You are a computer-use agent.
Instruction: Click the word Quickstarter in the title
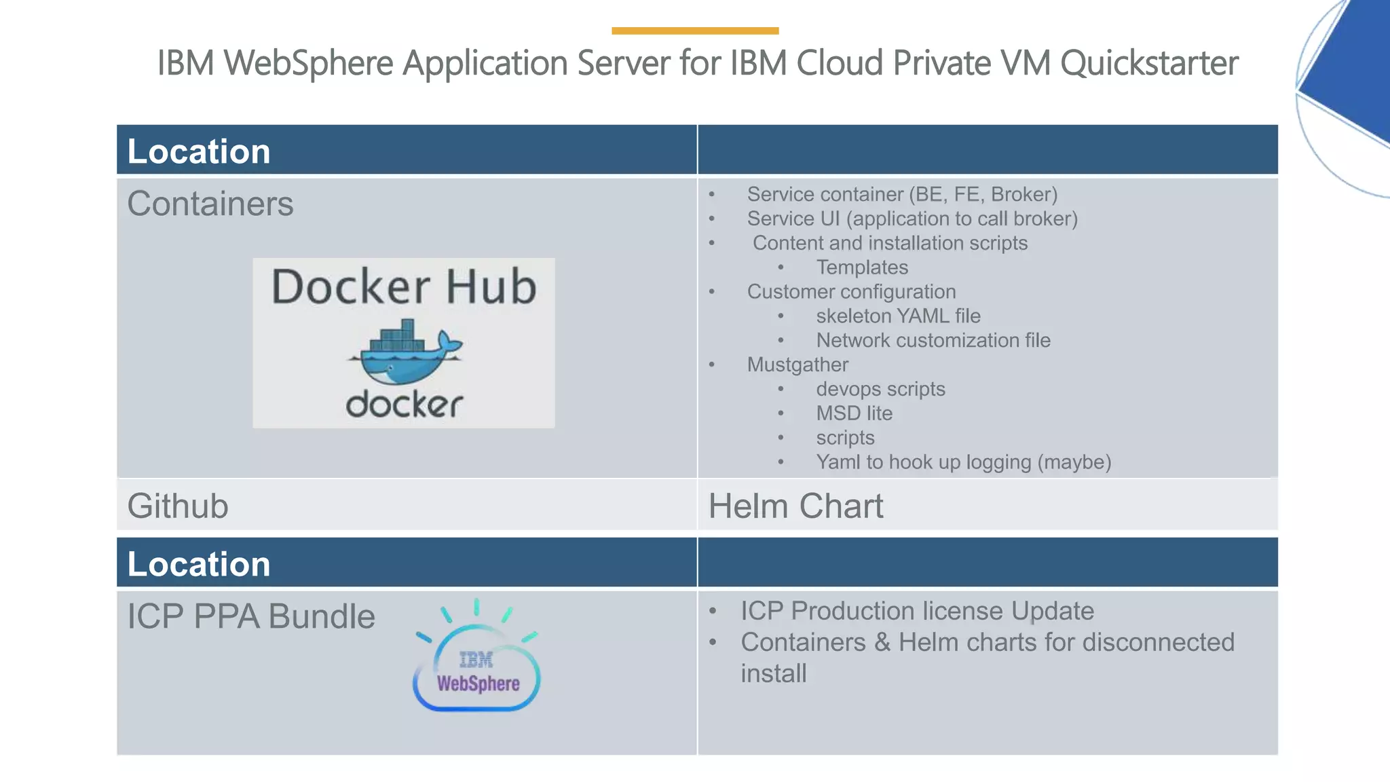pos(1149,63)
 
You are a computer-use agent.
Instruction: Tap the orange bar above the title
pos(694,31)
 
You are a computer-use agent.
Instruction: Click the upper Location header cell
pos(199,151)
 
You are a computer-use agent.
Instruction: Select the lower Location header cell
pos(199,563)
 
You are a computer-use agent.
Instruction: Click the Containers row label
pos(210,204)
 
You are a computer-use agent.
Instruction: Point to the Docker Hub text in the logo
pos(404,286)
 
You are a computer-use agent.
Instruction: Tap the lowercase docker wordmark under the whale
pos(405,405)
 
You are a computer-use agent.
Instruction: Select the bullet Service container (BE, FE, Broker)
pos(901,194)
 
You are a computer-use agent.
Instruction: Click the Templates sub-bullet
pos(861,267)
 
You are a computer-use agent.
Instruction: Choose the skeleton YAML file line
pos(897,316)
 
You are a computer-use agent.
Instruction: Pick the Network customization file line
pos(933,340)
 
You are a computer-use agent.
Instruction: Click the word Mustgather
pos(797,365)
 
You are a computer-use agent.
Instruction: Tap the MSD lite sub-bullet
pos(854,413)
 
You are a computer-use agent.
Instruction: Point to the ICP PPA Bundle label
pos(251,616)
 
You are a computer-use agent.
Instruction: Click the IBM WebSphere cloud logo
pos(476,662)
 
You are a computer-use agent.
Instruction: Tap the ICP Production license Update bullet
pos(916,611)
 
